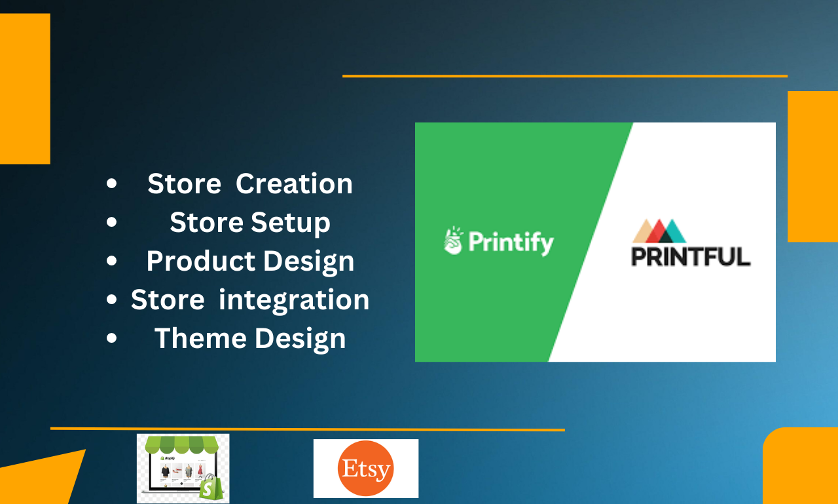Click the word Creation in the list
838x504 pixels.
(x=294, y=184)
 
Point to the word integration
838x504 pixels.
(x=294, y=300)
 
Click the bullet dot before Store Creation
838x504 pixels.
(x=112, y=185)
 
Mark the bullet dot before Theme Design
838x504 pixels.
(x=112, y=339)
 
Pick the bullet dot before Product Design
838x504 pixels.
(x=112, y=262)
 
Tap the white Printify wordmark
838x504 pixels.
(x=511, y=242)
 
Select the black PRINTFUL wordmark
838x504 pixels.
(x=691, y=256)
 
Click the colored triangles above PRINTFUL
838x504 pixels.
(x=659, y=231)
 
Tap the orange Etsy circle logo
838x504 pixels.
(x=365, y=469)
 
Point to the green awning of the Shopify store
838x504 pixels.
(x=183, y=445)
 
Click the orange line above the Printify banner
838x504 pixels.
(x=564, y=76)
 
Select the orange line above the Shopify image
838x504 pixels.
(x=307, y=429)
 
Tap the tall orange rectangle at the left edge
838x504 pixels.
(x=24, y=88)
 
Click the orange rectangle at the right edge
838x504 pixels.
(x=812, y=166)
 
